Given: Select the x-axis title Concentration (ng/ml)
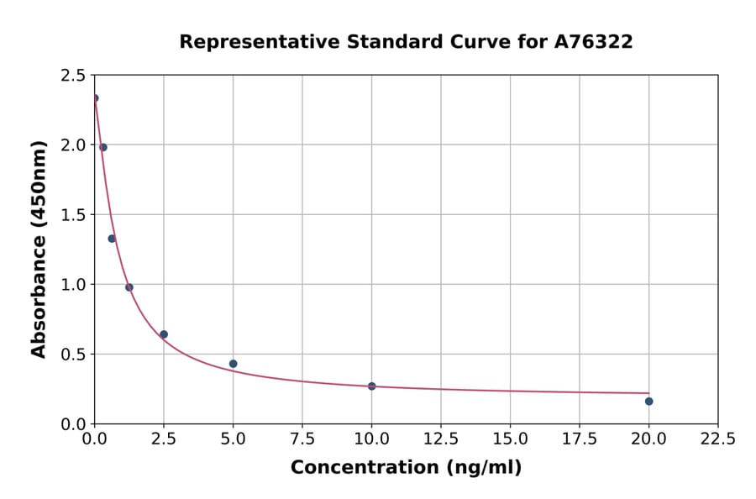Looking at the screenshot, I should coord(406,468).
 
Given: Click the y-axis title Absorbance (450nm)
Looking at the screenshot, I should coord(39,249).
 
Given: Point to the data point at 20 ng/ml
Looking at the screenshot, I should coord(648,401).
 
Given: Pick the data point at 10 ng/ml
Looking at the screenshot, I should coord(371,386).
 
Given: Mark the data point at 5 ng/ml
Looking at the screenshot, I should coord(233,364).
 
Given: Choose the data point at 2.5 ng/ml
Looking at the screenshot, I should coord(164,334).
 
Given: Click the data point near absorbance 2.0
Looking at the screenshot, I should coord(103,147).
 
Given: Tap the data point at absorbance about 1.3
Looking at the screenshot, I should coord(112,239).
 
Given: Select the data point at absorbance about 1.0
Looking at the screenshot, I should coord(129,287).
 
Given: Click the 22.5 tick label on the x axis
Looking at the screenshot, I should coord(717,439).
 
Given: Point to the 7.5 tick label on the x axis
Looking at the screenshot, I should coord(302,439).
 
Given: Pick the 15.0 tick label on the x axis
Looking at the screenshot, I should coord(510,439).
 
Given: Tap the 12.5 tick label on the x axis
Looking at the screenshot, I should coord(441,439).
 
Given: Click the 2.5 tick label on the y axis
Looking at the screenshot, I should coord(72,76).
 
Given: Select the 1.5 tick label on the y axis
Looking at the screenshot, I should coord(72,215).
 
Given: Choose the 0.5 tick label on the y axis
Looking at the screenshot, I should coord(72,355).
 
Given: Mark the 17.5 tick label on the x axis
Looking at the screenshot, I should coord(579,439).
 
